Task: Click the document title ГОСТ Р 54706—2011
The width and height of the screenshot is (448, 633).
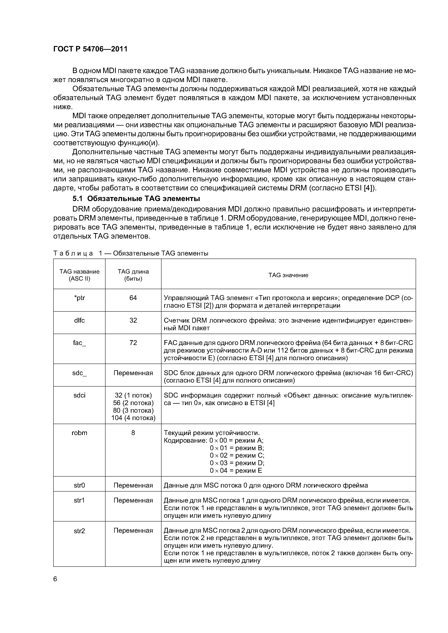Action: coord(90,49)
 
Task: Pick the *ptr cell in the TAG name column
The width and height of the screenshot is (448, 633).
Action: coord(79,298)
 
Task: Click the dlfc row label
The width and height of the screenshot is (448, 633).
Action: coord(79,320)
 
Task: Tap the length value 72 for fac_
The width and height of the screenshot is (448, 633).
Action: coord(133,343)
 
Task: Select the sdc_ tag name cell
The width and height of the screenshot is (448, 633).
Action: coord(79,373)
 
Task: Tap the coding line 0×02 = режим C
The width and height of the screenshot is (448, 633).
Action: coord(237,455)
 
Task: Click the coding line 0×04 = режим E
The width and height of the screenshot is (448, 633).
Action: coord(236,470)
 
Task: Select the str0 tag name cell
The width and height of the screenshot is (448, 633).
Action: coord(79,485)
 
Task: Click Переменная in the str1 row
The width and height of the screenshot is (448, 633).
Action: coord(133,500)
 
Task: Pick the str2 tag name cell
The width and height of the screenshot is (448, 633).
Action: coord(79,531)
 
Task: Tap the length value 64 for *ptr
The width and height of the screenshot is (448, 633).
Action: coord(133,298)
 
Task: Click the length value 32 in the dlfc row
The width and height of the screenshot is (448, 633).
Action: coord(133,320)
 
